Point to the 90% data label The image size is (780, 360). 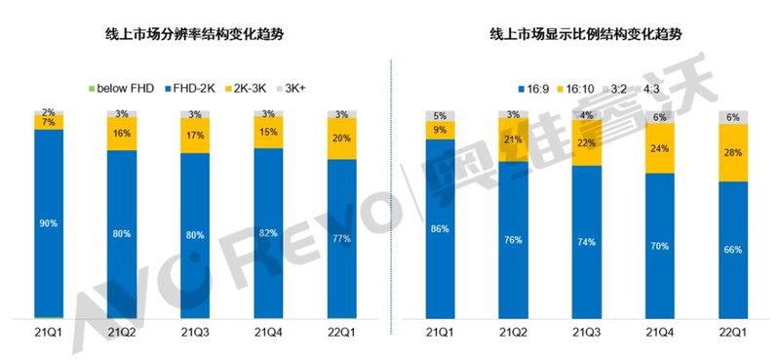click(x=49, y=224)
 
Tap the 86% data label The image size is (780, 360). click(x=441, y=229)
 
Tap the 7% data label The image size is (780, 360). click(x=49, y=122)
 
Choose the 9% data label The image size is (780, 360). click(x=441, y=130)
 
